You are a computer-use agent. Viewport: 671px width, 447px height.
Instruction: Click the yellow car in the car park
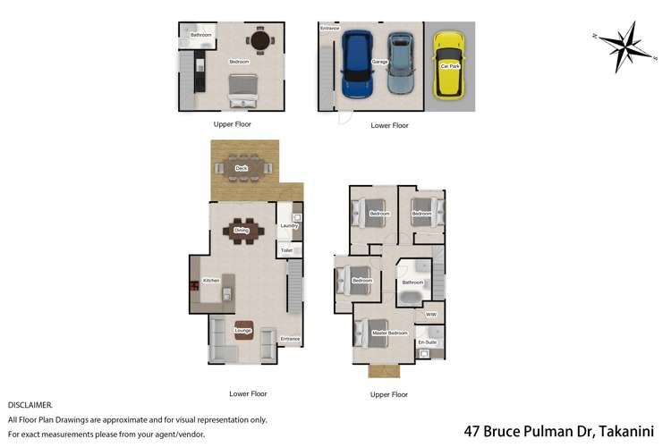(448, 64)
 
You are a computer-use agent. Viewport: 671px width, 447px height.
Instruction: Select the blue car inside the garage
(358, 64)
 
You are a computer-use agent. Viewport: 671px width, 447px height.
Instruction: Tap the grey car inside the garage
(402, 64)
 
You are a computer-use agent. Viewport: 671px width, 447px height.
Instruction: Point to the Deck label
(241, 168)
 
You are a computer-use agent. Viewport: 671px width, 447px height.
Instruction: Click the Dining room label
(241, 231)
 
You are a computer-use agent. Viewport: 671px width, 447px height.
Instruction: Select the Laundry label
(288, 226)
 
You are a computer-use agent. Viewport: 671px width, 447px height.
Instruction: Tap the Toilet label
(286, 251)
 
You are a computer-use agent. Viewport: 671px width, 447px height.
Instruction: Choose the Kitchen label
(211, 281)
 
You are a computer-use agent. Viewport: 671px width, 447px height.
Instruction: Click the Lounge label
(242, 332)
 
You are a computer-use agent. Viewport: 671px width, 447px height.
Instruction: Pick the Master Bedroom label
(385, 333)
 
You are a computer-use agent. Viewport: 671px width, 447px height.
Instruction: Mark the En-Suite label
(427, 342)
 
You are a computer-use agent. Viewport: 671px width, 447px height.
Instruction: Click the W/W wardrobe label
(430, 315)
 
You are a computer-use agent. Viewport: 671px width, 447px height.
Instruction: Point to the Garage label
(379, 62)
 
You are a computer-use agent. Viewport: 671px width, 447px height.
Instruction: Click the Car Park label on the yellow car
(448, 65)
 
